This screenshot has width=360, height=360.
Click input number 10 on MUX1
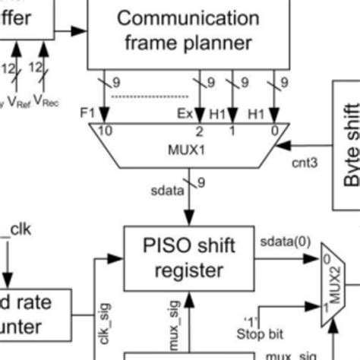coord(106,131)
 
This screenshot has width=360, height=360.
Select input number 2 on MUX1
coord(199,131)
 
